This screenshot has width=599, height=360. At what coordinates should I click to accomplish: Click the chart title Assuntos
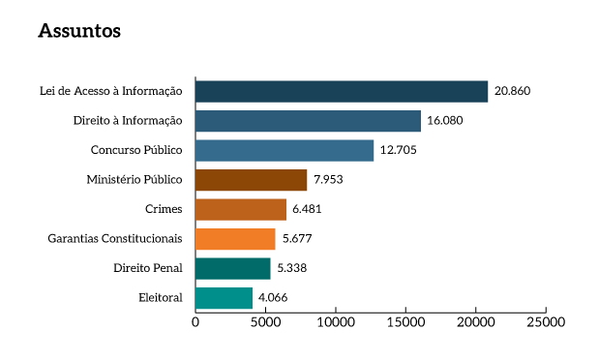tap(79, 31)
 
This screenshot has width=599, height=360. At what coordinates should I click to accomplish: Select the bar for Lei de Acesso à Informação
tap(342, 91)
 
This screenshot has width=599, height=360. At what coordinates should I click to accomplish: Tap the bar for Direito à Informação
tap(308, 121)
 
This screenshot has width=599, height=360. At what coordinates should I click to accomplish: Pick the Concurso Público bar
tap(285, 150)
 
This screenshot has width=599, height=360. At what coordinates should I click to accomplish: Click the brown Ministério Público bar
tap(251, 180)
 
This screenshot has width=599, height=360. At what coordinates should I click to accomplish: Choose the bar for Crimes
tap(241, 209)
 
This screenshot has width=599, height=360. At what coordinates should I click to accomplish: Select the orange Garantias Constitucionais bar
tap(235, 239)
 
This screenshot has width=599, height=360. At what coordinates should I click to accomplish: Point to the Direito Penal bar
tap(232, 268)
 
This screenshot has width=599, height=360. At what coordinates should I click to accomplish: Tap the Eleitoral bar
tap(224, 298)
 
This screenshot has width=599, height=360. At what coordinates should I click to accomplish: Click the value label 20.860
tap(512, 91)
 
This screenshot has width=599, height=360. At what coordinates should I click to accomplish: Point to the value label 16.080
tap(445, 121)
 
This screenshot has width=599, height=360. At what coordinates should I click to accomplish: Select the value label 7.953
tap(327, 180)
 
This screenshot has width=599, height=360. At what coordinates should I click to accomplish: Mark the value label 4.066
tap(273, 298)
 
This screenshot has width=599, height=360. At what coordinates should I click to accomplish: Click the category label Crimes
tap(163, 209)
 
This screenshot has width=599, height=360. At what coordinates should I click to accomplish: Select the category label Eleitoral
tap(160, 298)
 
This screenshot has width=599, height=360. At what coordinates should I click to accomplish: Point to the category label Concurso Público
tap(136, 150)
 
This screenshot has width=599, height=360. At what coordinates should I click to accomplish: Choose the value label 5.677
tap(296, 239)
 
